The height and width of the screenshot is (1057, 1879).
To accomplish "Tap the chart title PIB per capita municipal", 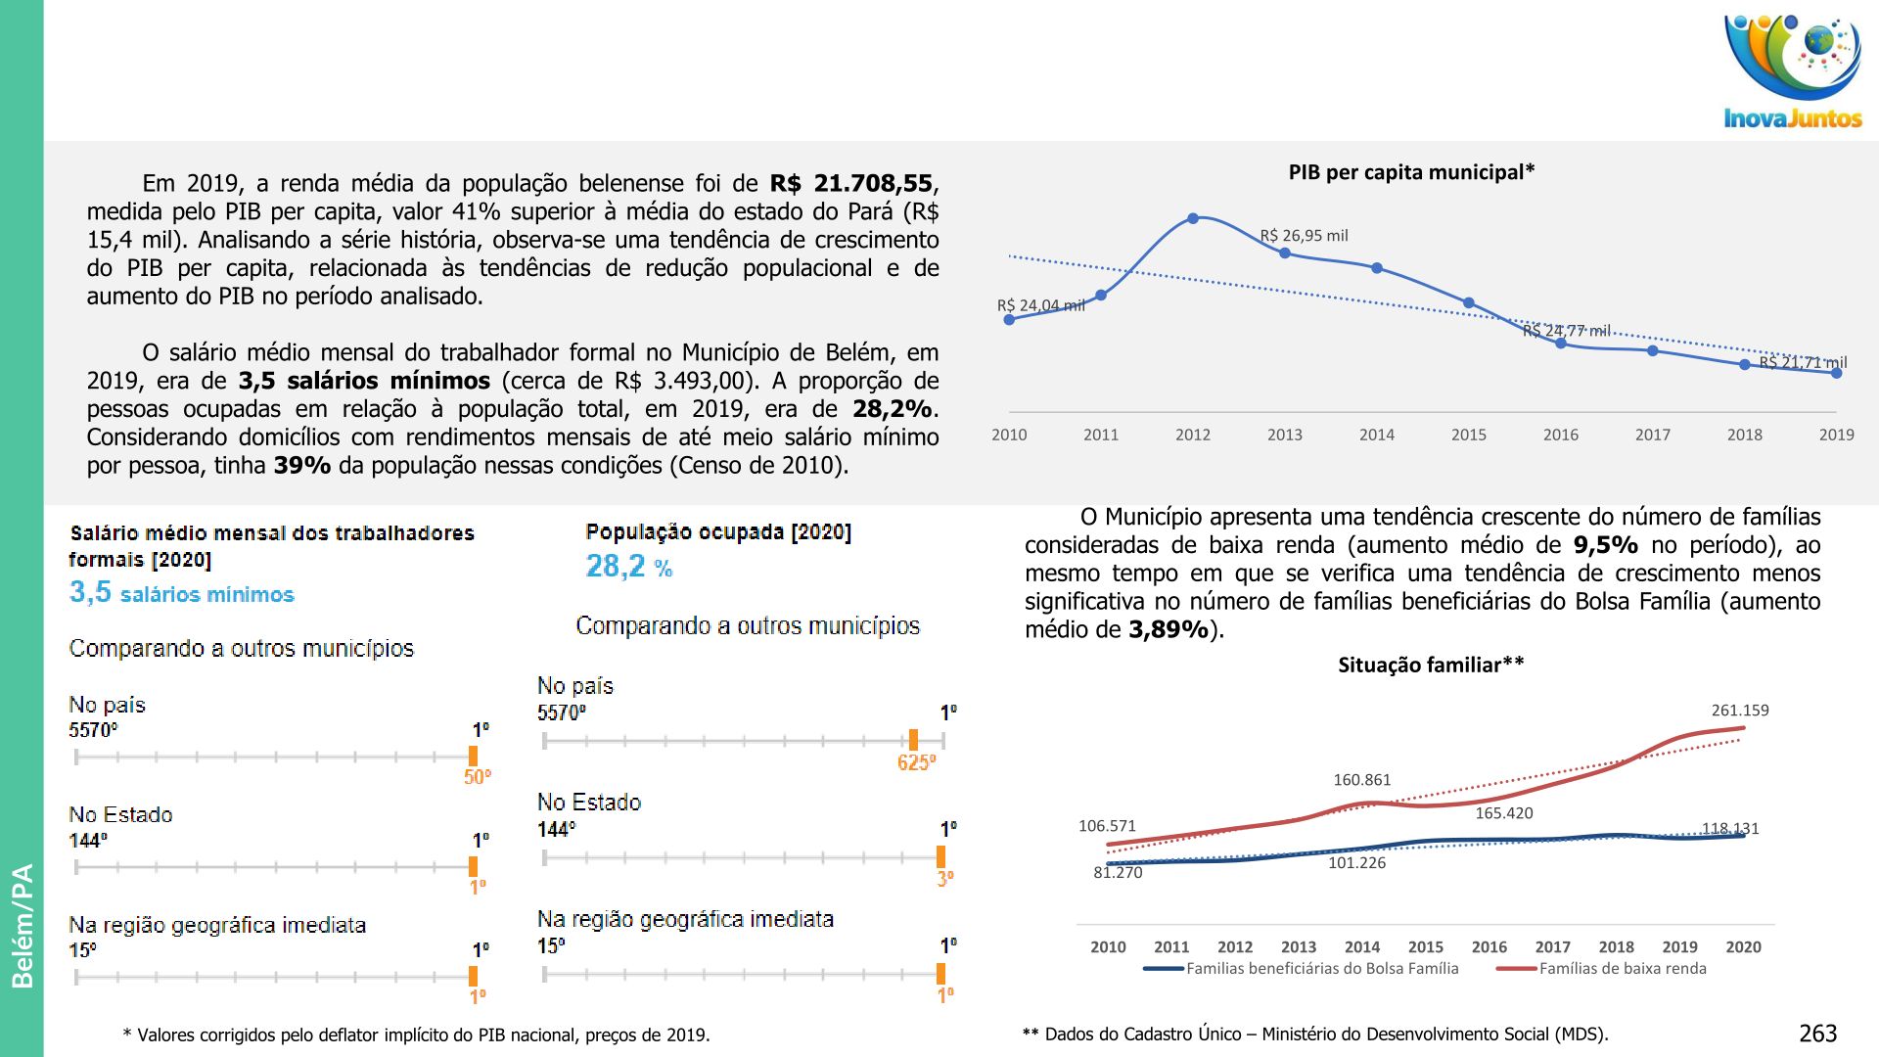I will [1410, 173].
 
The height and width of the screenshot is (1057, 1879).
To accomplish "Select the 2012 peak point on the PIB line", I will [1193, 218].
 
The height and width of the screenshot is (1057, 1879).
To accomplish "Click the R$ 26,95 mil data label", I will [1304, 236].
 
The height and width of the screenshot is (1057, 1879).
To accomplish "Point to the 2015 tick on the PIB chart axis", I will [1468, 435].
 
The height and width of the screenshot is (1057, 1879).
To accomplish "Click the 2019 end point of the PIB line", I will [1836, 373].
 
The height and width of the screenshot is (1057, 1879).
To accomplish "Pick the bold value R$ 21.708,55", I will [851, 184].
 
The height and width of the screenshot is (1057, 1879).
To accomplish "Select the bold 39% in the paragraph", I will [301, 466].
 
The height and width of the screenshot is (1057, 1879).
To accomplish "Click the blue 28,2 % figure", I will [628, 567].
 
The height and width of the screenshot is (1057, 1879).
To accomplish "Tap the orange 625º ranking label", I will [916, 762].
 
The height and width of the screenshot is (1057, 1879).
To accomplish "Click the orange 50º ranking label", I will [478, 777].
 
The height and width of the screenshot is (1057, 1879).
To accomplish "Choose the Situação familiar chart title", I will [1431, 666].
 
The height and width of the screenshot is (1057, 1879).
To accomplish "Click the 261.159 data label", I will [1739, 711].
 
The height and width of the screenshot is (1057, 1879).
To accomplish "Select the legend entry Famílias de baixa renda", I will [1622, 969].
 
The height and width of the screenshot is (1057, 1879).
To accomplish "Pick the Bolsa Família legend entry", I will [1321, 969].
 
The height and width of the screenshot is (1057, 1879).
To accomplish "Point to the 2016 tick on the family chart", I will [1489, 947].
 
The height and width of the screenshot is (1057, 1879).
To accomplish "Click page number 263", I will [1817, 1034].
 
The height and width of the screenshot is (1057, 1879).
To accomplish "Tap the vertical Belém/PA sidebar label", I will [22, 925].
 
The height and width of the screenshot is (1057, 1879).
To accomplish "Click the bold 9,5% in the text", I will [1605, 546].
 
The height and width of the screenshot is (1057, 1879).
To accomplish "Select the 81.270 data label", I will [1118, 873].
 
